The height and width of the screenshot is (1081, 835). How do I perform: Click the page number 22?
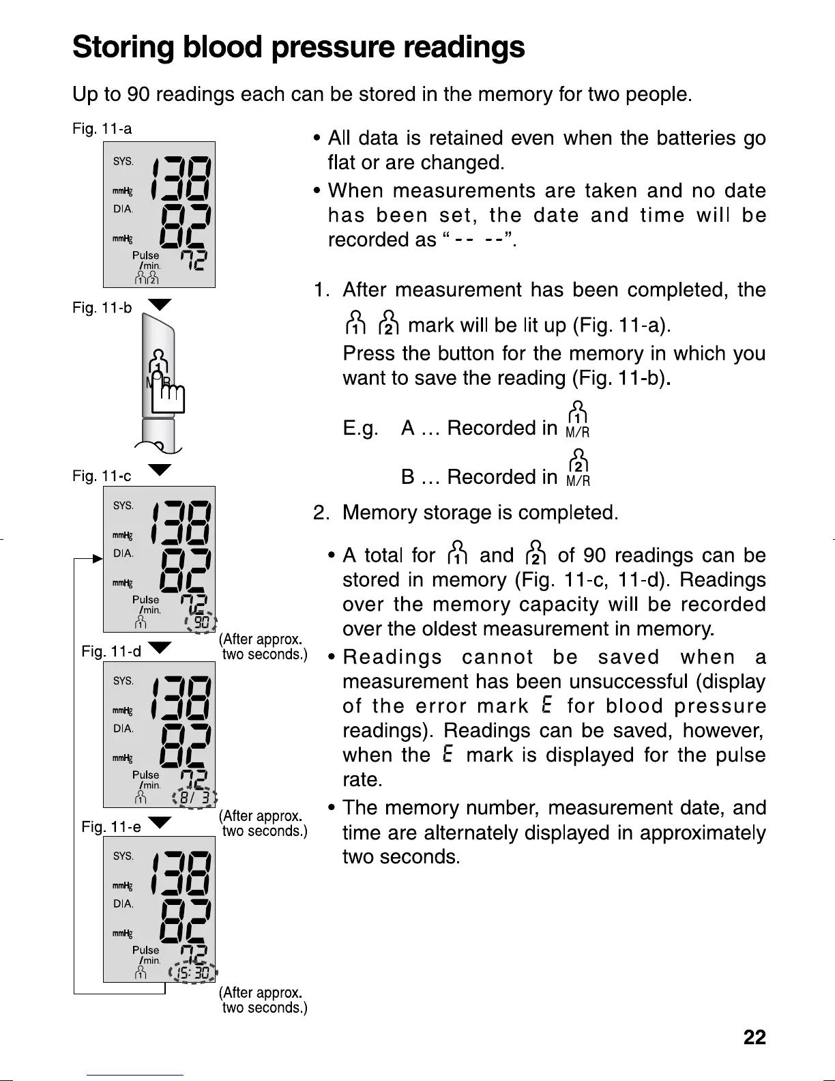755,1038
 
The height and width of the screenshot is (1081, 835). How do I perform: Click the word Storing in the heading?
128,47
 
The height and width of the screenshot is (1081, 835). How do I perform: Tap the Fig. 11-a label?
102,129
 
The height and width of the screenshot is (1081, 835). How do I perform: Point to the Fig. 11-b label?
102,308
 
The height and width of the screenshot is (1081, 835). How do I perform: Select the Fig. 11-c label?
102,476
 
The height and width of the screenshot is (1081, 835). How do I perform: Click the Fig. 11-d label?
111,651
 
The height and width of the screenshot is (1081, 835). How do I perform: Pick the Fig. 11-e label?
111,827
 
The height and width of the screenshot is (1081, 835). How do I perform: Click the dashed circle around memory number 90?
201,622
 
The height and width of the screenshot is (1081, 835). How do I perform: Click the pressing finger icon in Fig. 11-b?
168,396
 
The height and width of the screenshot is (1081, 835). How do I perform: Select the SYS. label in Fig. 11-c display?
123,506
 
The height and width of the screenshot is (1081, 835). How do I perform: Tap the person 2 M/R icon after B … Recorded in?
578,467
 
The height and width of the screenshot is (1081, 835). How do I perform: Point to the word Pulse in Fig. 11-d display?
146,775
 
